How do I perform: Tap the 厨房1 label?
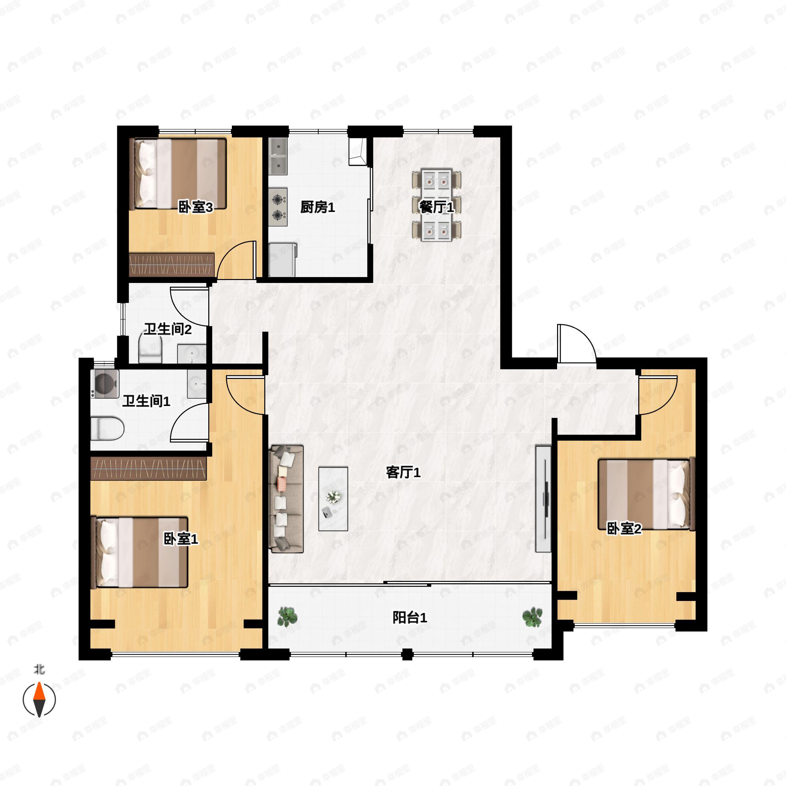pos(317,208)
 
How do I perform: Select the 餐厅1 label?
pos(437,208)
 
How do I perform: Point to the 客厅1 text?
pos(403,473)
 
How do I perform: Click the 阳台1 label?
pos(410,618)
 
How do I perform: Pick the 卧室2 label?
pos(624,529)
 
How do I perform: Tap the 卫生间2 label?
pos(168,329)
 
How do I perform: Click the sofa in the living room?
pos(287,499)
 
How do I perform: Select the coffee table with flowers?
pos(333,499)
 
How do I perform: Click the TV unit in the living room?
pos(543,499)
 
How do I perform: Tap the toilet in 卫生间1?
pos(107,428)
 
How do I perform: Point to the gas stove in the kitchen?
pos(278,207)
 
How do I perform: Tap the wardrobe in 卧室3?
pos(172,265)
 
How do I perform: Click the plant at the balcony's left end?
pos(288,616)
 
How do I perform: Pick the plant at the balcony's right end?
pos(533,617)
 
